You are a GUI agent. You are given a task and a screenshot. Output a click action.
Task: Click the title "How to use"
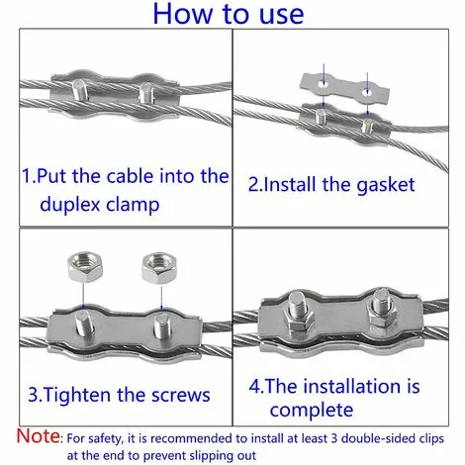point(232,17)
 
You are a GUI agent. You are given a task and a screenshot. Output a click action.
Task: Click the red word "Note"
point(38,434)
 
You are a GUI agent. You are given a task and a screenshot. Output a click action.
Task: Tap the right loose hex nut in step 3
point(156,265)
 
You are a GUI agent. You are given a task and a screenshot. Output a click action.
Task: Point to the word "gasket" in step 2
point(380,184)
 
